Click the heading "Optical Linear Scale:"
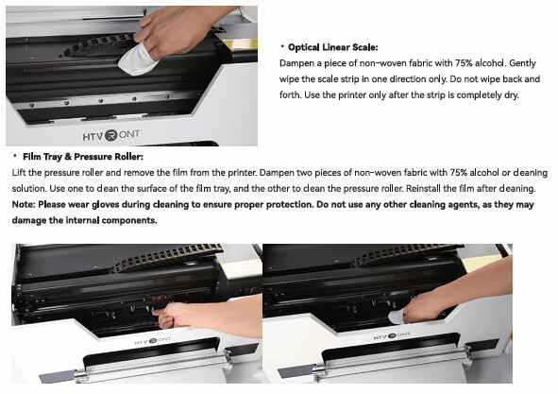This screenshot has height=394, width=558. pos(332,47)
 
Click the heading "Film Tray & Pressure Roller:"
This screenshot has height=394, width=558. pos(83,157)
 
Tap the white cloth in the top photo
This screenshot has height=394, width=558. pos(138,60)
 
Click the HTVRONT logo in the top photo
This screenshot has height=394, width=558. pos(111,135)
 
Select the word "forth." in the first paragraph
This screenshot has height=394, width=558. pos(290,95)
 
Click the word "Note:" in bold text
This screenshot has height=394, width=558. pos(24,204)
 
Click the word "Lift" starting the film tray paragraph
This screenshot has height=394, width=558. pos(19,173)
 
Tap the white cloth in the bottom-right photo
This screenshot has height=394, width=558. pos(397,317)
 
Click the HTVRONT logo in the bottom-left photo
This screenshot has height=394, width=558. pos(153,341)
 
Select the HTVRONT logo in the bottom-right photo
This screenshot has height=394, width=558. pos(392,335)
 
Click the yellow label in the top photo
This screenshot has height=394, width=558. pos(241,44)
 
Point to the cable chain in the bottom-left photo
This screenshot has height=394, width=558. pos(167,256)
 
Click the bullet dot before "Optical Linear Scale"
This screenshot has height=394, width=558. pos(282,46)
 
